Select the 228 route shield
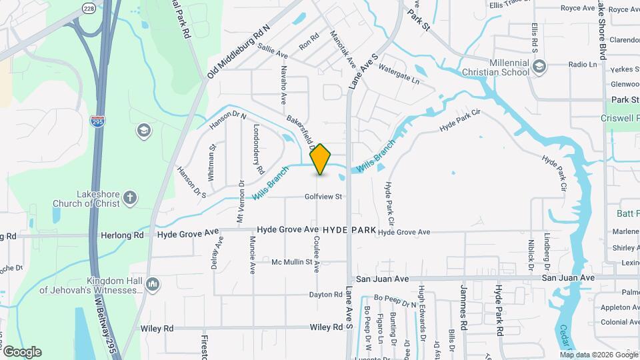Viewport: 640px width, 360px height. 89,7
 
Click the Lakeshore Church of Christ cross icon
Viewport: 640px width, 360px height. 130,197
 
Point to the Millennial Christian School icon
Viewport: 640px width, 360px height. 539,66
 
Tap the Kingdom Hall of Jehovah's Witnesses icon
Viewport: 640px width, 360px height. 152,285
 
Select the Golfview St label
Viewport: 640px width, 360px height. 323,197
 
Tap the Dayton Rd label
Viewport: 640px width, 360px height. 325,295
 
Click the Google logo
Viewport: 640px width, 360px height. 23,351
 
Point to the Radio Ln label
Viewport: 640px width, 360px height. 583,65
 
